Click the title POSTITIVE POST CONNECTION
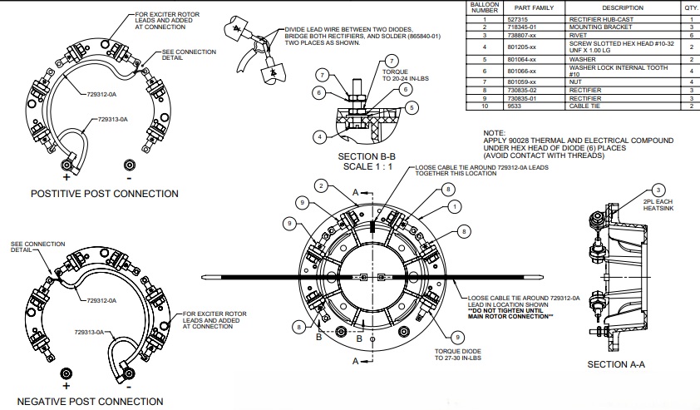point(104,194)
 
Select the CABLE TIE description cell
point(584,107)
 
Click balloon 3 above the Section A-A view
point(658,190)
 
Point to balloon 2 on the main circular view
point(319,185)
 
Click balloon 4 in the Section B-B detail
point(319,136)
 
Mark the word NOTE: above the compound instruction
point(494,133)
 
